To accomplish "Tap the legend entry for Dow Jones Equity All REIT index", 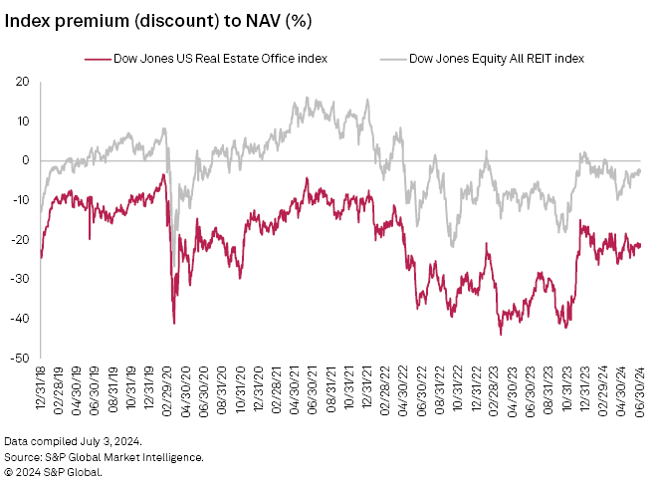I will click(x=488, y=59).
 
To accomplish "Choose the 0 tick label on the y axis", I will click(x=25, y=160).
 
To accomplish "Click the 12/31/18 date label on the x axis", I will click(x=41, y=391).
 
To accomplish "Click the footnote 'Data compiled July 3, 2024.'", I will click(x=72, y=441).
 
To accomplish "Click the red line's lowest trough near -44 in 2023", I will click(x=501, y=334).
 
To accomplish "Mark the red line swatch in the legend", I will click(x=96, y=59).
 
